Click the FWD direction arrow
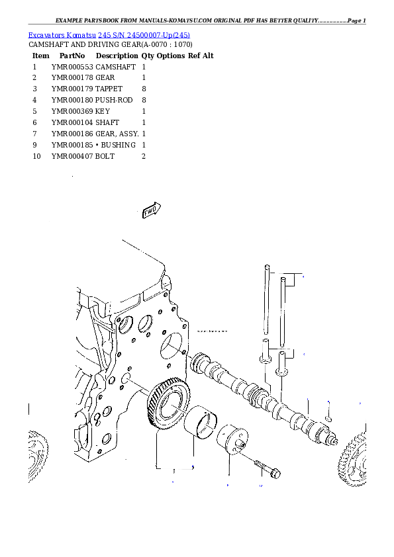click(x=152, y=210)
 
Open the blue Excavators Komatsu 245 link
click(x=109, y=34)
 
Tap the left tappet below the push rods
click(x=265, y=351)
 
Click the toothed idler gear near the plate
click(x=168, y=404)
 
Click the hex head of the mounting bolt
click(x=276, y=474)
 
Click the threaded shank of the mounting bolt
click(x=259, y=465)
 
